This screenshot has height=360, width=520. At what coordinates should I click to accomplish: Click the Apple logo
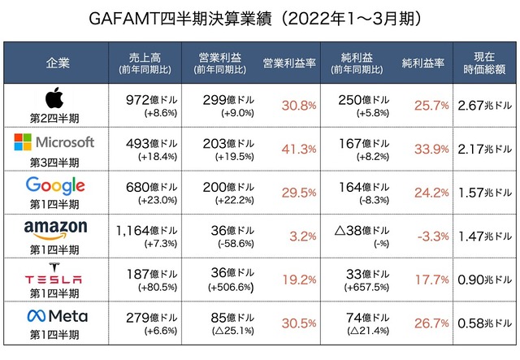click(54, 98)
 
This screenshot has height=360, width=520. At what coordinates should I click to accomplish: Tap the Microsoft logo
click(54, 142)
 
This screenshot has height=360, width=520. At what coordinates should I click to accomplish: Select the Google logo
click(54, 185)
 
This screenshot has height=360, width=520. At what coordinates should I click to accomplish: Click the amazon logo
click(54, 230)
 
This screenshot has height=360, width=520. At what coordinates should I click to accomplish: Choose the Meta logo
click(54, 315)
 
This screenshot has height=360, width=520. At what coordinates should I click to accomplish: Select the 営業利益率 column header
click(289, 63)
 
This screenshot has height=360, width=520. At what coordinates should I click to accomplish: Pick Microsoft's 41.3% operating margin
click(297, 149)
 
